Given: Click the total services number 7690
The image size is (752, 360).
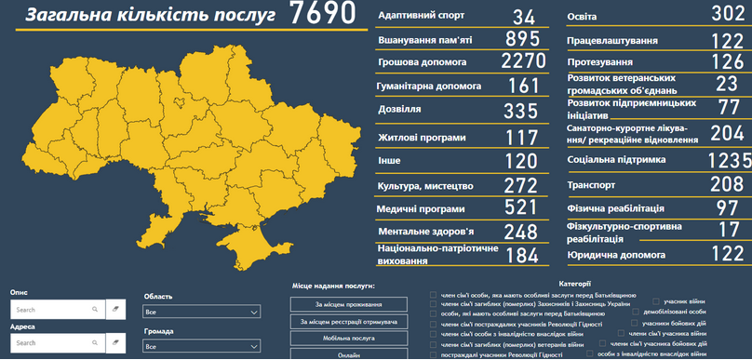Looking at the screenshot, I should tap(322, 14).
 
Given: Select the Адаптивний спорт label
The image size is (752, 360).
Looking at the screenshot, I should tap(421, 17).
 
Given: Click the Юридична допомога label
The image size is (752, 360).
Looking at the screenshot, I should tap(616, 254).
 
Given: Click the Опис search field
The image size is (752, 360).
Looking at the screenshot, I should tap(56, 309).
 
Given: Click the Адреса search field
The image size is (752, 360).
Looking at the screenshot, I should tap(56, 343).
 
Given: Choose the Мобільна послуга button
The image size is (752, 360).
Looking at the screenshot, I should tap(349, 339).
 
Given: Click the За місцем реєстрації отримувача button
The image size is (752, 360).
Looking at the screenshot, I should tap(349, 322).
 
